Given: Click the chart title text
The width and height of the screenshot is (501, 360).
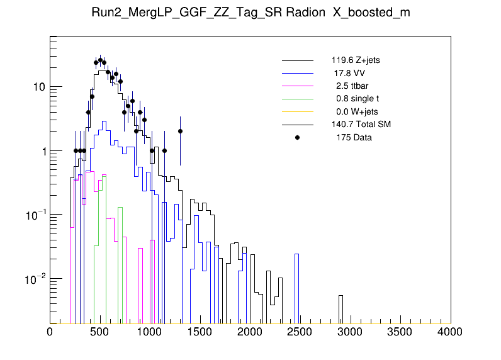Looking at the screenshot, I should click(x=250, y=13).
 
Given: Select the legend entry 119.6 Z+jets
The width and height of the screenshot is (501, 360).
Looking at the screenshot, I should click(x=356, y=61).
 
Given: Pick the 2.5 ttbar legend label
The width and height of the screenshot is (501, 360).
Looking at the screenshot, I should click(x=351, y=86).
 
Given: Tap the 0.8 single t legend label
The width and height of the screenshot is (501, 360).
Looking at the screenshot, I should click(x=357, y=99).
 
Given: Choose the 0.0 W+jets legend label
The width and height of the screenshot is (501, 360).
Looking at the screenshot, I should click(x=356, y=111).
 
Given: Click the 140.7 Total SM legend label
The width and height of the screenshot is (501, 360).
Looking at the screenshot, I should click(x=361, y=125).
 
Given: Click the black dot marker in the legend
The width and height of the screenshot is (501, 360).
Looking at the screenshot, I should click(x=297, y=137).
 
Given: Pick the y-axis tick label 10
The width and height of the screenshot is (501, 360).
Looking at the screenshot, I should click(x=38, y=87).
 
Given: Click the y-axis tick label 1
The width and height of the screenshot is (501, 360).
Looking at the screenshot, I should click(x=42, y=151).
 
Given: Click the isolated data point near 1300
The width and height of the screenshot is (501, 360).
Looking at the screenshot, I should click(x=180, y=131).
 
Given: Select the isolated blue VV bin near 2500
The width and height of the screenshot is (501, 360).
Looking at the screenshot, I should click(x=296, y=254).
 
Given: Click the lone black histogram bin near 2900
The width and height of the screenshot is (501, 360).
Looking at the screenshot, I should click(x=341, y=296).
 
